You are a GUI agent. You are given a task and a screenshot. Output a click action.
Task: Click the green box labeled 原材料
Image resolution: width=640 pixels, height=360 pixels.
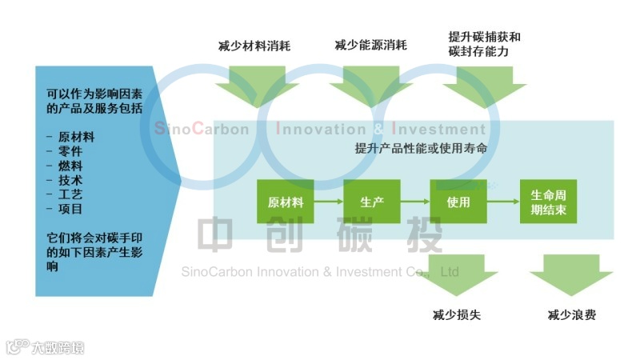pos(286,202)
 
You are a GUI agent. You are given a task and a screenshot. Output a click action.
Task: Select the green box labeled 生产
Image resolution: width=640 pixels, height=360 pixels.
pos(372,202)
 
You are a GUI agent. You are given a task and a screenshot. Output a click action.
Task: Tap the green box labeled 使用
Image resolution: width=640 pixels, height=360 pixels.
pos(458,202)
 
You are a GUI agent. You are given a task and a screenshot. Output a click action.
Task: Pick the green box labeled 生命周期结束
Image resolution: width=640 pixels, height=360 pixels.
pos(548,202)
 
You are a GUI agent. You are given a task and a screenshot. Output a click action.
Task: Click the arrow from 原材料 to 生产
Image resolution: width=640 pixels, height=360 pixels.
pos(329,202)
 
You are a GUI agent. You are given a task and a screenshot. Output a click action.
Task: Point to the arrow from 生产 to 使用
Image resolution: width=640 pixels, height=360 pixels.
pos(415,202)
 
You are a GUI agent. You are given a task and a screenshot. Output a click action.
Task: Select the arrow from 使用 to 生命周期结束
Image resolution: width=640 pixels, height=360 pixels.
pos(503,202)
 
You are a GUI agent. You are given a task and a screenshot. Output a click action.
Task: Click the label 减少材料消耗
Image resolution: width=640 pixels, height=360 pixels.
pos(254,46)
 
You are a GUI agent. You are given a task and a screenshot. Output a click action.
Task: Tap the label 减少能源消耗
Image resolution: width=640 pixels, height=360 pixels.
pos(370,46)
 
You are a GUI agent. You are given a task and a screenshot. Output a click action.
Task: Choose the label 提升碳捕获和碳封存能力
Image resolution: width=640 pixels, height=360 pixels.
pos(485,44)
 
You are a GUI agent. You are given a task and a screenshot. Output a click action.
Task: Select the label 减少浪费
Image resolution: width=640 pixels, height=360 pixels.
pos(571,314)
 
